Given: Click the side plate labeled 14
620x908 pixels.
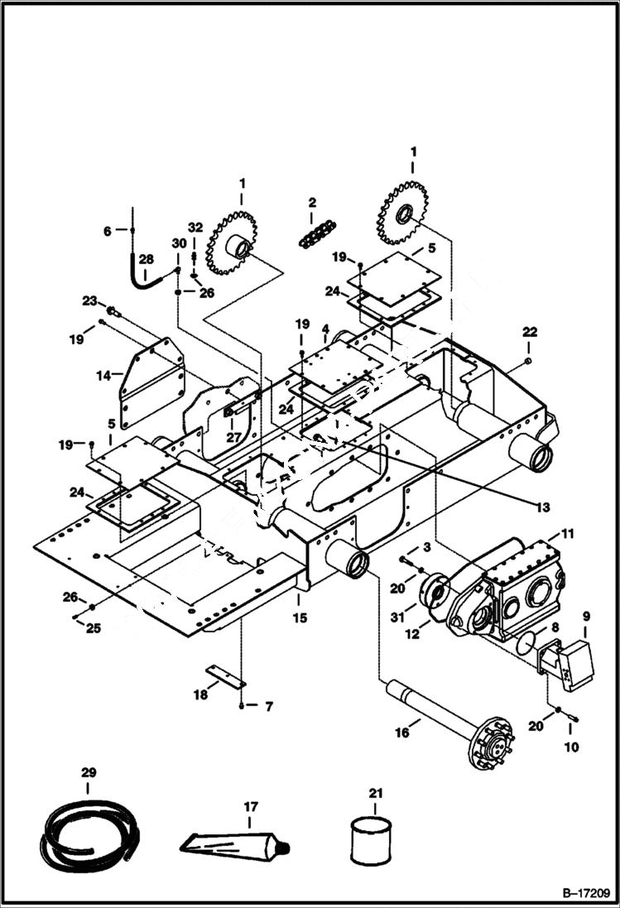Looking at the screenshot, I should pos(151,382).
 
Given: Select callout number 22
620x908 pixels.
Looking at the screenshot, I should pos(530,332).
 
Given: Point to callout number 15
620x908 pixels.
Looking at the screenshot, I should pos(298,617).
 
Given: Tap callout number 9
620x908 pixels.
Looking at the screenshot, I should pos(586,616).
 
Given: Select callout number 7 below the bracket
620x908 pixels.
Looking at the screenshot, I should pos(268,707).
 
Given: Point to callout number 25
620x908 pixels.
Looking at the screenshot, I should pos(94,629).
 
